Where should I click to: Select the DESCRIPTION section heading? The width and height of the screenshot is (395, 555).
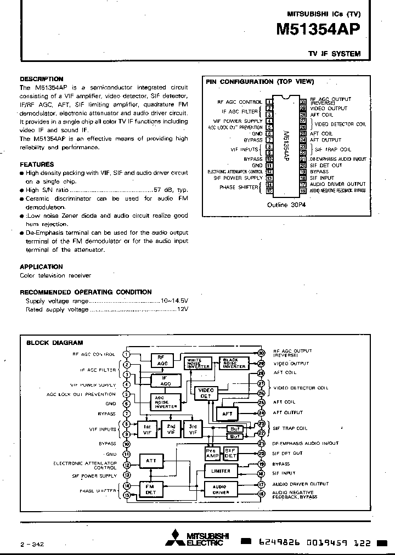coord(42,79)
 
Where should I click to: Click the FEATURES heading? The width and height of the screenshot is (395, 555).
coord(37,164)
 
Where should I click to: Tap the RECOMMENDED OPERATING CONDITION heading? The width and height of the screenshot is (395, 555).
coord(86,292)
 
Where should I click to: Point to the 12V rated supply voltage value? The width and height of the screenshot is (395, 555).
coord(182,309)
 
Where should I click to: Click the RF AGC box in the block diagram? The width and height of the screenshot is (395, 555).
coord(162,360)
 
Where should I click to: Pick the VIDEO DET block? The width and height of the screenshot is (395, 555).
coord(206,393)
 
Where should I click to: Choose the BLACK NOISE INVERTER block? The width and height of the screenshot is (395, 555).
coord(234,363)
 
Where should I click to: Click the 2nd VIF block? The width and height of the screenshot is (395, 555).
coord(171,429)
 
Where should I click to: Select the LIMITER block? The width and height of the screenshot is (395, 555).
coord(221,471)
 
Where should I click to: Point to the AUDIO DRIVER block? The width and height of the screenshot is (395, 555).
coord(221,489)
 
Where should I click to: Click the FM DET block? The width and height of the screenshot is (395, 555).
coord(150,489)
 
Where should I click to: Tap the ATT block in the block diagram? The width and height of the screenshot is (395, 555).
coord(150,461)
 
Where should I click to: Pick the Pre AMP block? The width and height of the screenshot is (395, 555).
coord(212,453)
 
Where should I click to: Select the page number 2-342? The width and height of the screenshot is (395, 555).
coord(32,544)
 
